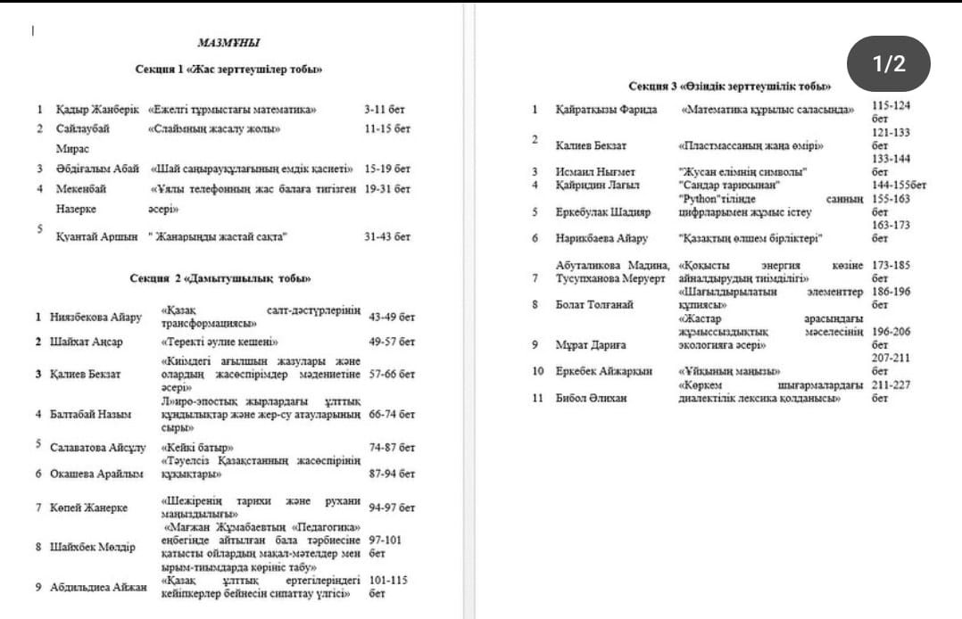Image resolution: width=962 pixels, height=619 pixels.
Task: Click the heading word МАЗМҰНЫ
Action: pos(228,42)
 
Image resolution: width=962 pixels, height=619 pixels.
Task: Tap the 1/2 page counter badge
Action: pos(888,63)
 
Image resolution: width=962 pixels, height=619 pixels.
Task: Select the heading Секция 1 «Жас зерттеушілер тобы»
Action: pos(228,69)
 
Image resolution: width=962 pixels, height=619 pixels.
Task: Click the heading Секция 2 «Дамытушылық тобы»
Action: pos(220,278)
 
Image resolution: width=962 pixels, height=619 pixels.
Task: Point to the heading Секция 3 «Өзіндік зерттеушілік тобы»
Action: pos(730,86)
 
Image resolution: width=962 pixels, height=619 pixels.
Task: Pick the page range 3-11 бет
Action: pos(385,110)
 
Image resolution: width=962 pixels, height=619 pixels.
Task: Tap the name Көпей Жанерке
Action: pos(88,508)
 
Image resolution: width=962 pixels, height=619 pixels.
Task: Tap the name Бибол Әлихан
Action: pos(591,398)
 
